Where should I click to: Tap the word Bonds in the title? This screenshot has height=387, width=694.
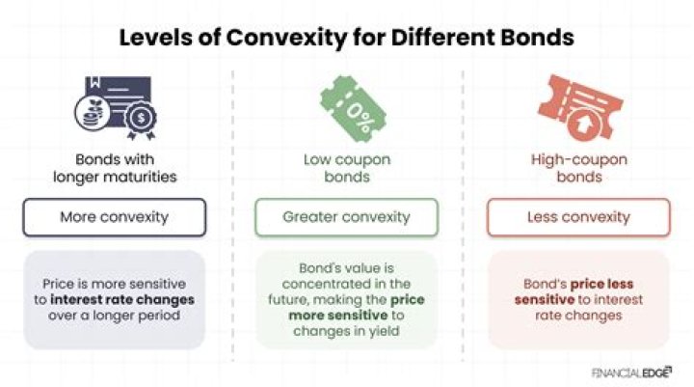[x=535, y=39]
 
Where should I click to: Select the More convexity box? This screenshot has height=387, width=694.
[x=115, y=217]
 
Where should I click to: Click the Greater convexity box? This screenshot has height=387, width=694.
[x=346, y=217]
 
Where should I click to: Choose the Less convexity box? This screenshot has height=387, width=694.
[x=577, y=217]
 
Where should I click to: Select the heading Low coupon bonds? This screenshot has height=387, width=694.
[x=346, y=168]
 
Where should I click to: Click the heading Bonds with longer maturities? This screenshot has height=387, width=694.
[x=115, y=168]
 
